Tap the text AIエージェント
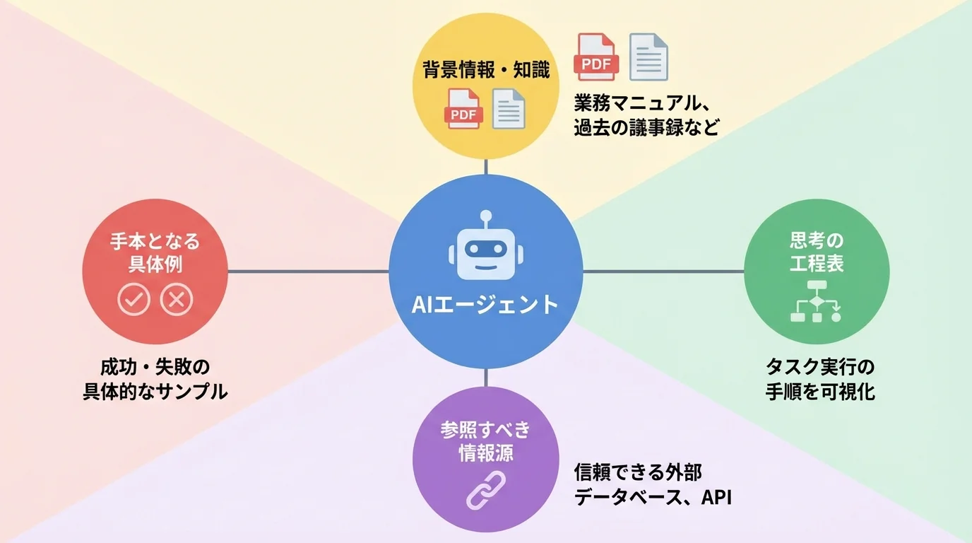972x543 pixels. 485,304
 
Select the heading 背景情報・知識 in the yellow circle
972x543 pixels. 486,70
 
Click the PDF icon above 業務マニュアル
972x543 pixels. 597,57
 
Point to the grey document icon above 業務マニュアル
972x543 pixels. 648,57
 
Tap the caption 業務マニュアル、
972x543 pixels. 641,105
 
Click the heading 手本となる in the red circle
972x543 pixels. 155,242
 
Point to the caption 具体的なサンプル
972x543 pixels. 155,392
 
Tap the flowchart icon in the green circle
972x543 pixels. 817,302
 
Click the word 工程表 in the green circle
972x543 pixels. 817,264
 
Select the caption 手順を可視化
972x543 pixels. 820,392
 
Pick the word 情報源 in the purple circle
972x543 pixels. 486,452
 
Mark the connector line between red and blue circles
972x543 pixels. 308,271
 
